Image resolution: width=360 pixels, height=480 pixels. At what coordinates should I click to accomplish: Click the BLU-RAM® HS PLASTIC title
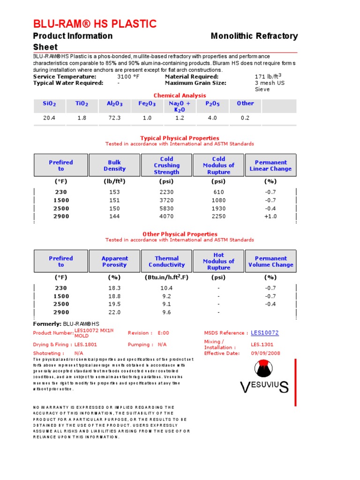pos(95,24)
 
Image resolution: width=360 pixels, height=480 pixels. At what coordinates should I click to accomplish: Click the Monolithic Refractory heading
pos(254,36)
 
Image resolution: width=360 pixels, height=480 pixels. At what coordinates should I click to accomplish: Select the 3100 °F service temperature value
pos(128,76)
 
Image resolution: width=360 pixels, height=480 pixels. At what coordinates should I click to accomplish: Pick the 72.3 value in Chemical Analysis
pos(114,118)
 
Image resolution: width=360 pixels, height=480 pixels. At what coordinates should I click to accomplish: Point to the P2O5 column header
pos(212,104)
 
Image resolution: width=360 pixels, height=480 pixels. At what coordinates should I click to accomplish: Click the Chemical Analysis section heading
pos(180,95)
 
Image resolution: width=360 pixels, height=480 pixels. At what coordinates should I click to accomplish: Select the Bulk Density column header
pos(114,165)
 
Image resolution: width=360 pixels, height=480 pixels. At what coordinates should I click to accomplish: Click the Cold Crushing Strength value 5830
pos(166,208)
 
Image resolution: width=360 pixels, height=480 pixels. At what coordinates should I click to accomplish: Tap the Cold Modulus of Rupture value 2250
pos(218,216)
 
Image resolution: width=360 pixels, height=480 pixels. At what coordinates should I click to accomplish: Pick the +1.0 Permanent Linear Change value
pos(270,216)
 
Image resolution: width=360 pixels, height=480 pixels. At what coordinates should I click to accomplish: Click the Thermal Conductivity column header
pos(166,262)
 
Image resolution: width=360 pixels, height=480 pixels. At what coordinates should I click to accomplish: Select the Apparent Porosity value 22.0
pos(114,312)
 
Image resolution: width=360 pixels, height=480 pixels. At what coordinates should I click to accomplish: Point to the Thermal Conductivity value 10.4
pos(166,288)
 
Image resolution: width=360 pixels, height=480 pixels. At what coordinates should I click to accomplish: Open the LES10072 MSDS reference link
pos(264,333)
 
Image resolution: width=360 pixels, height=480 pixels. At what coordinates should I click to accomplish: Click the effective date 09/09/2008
pos(265,353)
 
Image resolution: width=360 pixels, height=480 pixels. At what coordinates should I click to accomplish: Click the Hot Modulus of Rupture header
pos(218,262)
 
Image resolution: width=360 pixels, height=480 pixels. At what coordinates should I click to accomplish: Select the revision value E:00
pos(163,333)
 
